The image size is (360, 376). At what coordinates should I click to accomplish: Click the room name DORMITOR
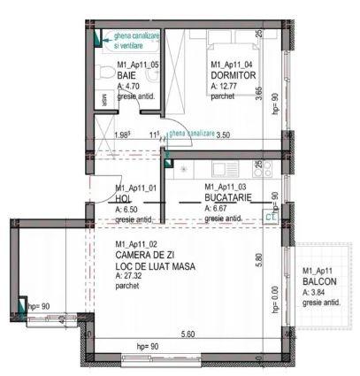pos(233,75)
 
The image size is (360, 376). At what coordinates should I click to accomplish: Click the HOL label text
pos(123,198)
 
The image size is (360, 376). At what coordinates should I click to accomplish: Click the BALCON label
pos(320,281)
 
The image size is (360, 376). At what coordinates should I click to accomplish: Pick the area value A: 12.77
pos(227,86)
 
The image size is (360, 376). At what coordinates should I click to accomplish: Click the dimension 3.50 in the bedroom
pos(223,134)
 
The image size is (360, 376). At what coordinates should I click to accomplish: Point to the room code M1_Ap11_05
pos(137,65)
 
